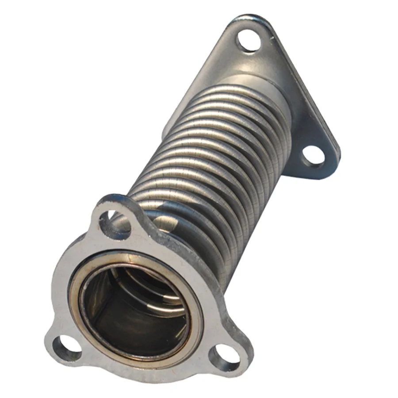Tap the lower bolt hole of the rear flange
coord(313,156)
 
